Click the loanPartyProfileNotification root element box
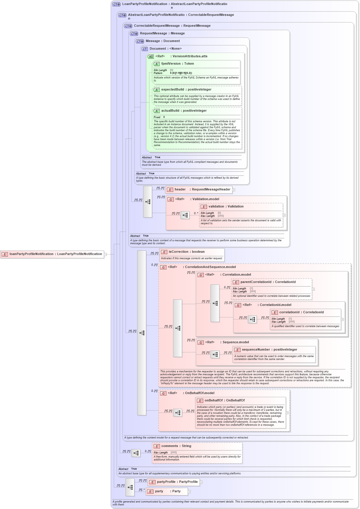pyautogui.click(x=52, y=254)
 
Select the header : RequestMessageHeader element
pyautogui.click(x=199, y=190)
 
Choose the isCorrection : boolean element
pyautogui.click(x=186, y=252)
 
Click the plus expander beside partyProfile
pyautogui.click(x=201, y=482)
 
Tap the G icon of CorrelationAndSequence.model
pyautogui.click(x=163, y=267)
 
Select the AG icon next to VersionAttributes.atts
pyautogui.click(x=151, y=57)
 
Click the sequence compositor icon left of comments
pyautogui.click(x=136, y=453)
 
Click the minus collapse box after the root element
pyautogui.click(x=105, y=254)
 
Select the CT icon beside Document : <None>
pyautogui.click(x=145, y=49)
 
